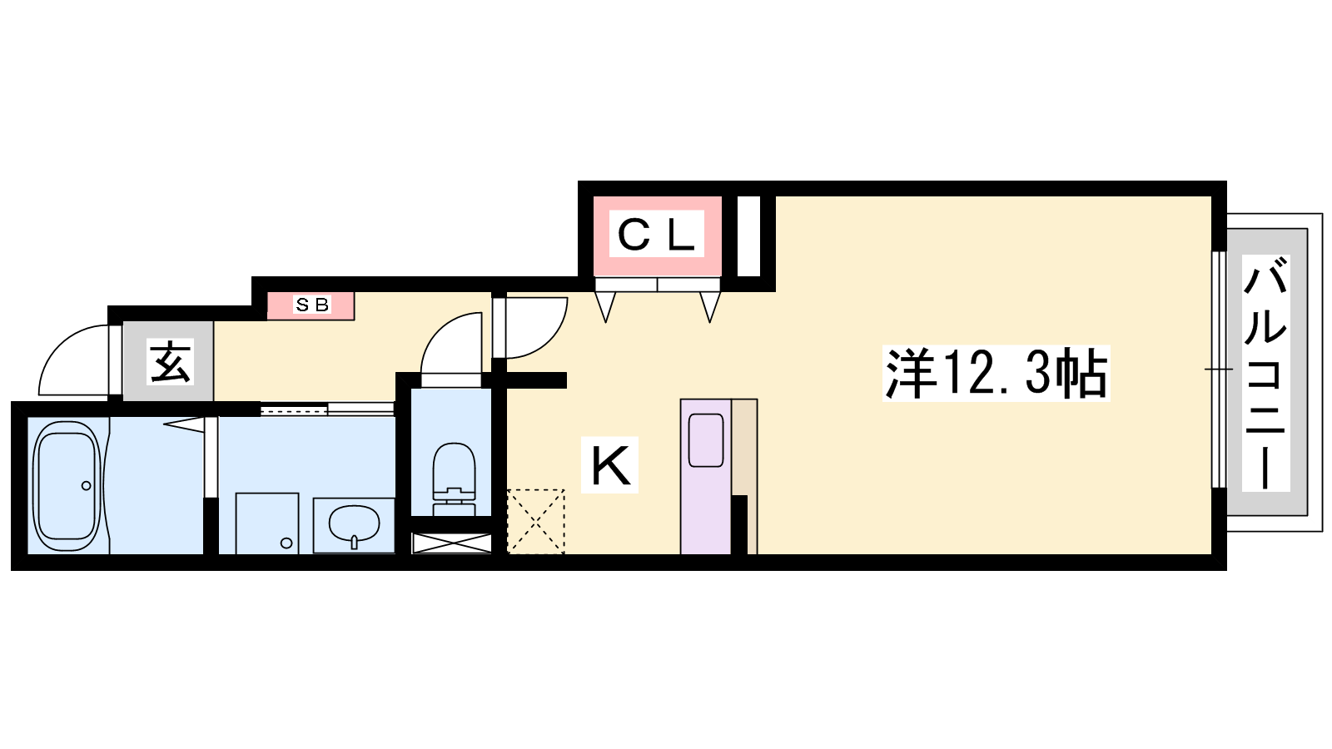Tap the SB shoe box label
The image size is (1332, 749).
(x=312, y=305)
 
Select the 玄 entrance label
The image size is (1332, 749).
(x=170, y=362)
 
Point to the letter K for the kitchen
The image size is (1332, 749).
(x=610, y=465)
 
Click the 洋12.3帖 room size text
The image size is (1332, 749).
(x=996, y=374)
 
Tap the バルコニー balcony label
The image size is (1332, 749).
(x=1265, y=374)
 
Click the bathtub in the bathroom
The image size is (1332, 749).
(x=67, y=485)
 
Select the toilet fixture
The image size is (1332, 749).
(x=455, y=479)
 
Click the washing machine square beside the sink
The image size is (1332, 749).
(x=267, y=523)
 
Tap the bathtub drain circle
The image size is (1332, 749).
(x=87, y=486)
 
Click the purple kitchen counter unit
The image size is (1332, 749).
(x=706, y=476)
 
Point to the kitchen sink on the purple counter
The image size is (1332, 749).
(x=706, y=440)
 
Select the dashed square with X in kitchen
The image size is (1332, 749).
(x=536, y=521)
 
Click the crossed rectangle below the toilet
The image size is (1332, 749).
(x=452, y=543)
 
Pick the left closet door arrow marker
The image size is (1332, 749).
(x=605, y=307)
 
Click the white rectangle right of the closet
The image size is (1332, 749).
(x=749, y=236)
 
